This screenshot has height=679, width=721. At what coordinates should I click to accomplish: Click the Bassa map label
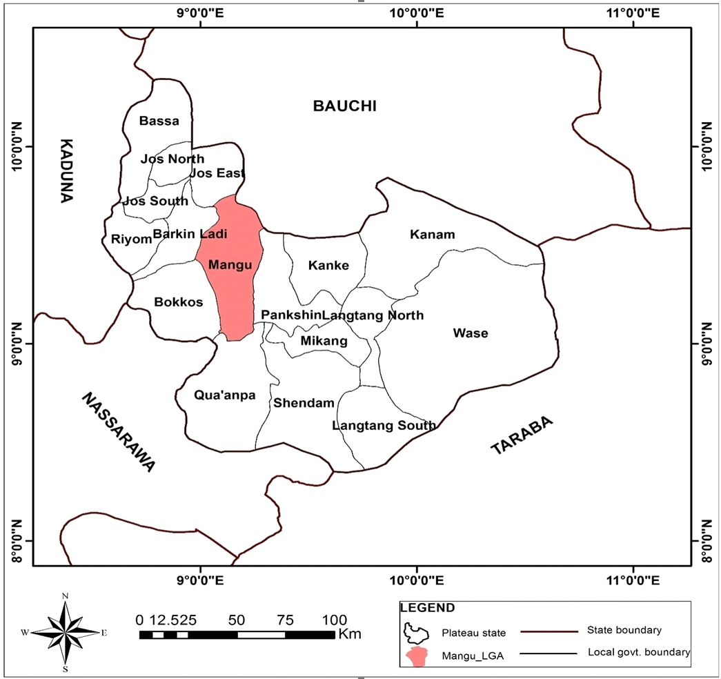click(159, 121)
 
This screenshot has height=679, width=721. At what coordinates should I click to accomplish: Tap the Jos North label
click(172, 159)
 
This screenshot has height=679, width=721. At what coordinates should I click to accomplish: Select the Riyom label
click(131, 239)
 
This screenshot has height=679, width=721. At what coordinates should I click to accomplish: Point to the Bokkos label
click(178, 302)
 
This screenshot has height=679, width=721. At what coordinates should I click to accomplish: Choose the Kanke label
click(328, 266)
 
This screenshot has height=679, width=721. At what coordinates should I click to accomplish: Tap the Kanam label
click(432, 235)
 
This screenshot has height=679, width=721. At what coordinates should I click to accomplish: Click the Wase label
click(470, 333)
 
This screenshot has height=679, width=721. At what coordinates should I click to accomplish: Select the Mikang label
click(324, 341)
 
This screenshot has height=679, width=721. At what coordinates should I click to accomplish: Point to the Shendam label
click(304, 403)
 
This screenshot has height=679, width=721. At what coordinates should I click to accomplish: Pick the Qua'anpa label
click(225, 395)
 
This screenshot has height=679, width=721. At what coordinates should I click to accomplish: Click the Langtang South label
click(384, 426)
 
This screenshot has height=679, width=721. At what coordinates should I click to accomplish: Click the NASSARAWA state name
click(119, 432)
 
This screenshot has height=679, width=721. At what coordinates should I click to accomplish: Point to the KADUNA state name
click(66, 170)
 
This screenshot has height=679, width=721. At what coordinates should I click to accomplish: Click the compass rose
click(65, 632)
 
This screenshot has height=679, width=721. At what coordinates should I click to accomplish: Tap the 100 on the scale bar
click(335, 618)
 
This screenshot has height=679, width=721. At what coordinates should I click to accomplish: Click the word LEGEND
click(428, 608)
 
